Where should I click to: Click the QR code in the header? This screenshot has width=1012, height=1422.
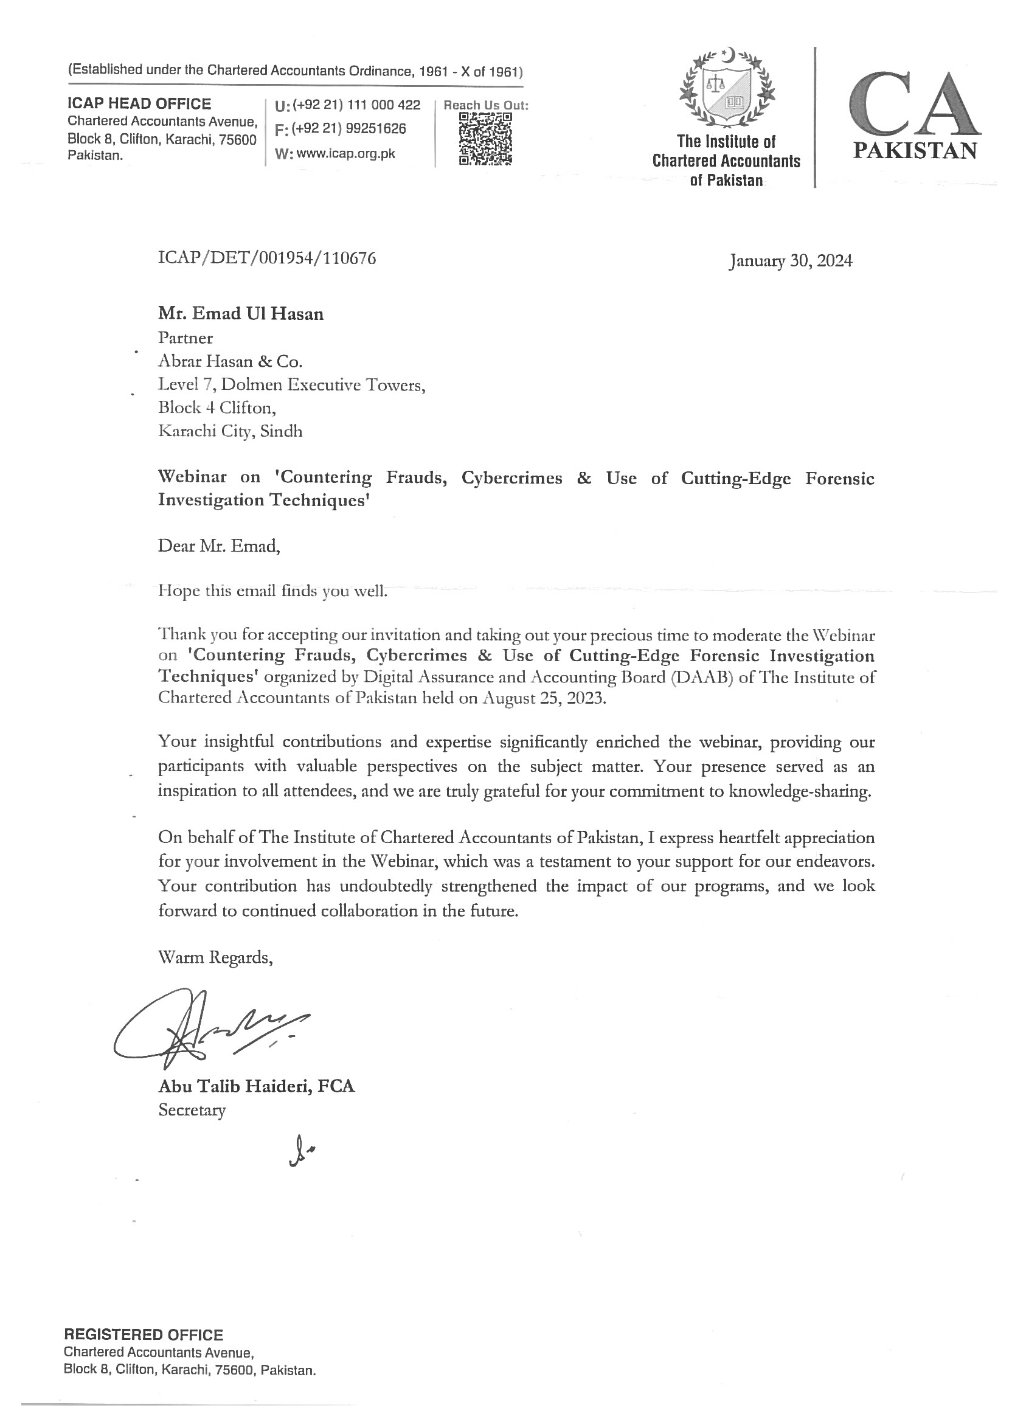pos(485,138)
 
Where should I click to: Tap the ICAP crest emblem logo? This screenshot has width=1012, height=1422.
pos(727,87)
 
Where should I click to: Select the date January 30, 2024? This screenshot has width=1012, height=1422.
pos(790,260)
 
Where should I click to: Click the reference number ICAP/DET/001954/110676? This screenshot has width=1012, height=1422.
pos(267,258)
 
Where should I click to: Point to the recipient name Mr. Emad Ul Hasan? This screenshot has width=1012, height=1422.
pos(241,313)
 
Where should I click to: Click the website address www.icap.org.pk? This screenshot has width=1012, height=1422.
pos(346,154)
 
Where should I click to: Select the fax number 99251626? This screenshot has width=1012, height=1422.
pos(376,129)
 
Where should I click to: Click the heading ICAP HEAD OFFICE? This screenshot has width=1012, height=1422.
pos(139,103)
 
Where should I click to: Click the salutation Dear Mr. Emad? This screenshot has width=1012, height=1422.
pos(219,547)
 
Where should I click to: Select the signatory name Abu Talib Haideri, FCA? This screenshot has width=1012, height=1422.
pos(256,1086)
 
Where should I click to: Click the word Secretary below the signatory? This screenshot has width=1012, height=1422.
pos(192,1110)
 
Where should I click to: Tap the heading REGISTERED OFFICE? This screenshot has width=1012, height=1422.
pos(144,1334)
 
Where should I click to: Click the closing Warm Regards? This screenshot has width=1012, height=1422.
pos(216,957)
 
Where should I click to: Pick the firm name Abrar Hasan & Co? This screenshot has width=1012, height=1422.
pos(230,361)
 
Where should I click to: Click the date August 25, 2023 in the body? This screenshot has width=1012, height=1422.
pos(543,698)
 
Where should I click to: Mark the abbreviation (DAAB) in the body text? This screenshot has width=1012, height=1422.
pos(703,678)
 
